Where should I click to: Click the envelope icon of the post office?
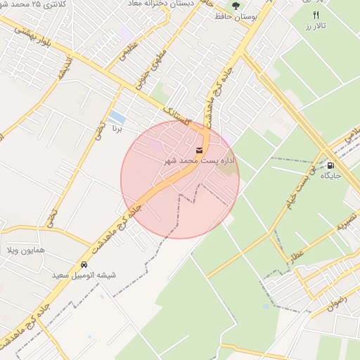pos(200,151)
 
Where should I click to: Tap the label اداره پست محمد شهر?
pos(200,162)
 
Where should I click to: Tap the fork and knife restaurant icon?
pos(316,15)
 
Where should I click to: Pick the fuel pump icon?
pos(330,166)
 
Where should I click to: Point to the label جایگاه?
pos(330,176)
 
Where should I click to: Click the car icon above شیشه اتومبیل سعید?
pos(84,265)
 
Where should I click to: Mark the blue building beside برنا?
pos(117,117)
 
